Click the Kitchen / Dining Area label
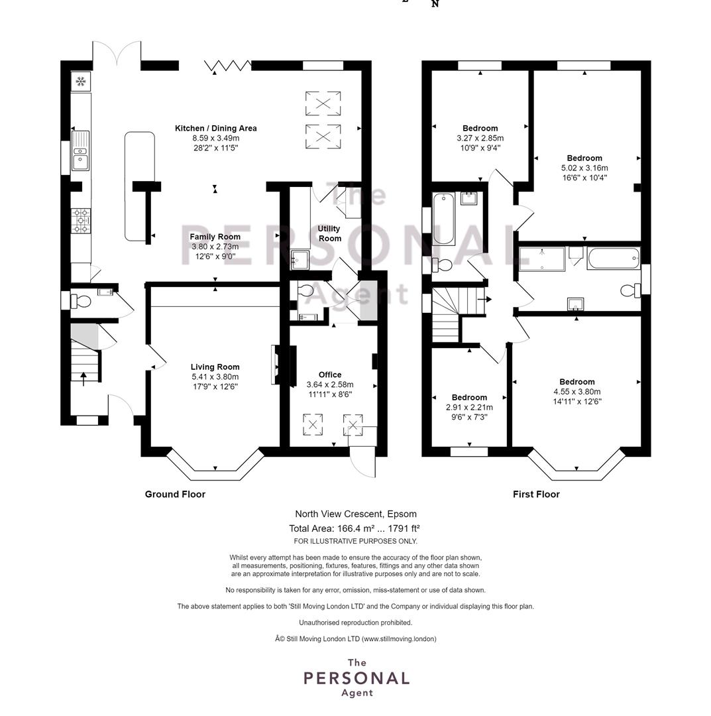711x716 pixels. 216,129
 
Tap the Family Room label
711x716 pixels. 215,237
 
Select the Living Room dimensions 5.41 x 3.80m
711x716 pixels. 215,377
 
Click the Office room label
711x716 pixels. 330,375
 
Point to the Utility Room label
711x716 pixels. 329,233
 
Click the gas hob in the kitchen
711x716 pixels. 82,221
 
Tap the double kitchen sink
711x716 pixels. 80,150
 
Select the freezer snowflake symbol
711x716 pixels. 81,82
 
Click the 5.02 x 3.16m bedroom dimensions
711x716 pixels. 584,168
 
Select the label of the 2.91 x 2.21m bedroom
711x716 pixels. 469,397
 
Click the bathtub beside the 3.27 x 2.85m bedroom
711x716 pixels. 443,218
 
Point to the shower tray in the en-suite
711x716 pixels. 542,259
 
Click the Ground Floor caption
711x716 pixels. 175,494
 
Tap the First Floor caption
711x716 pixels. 536,494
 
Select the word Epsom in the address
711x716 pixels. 402,514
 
